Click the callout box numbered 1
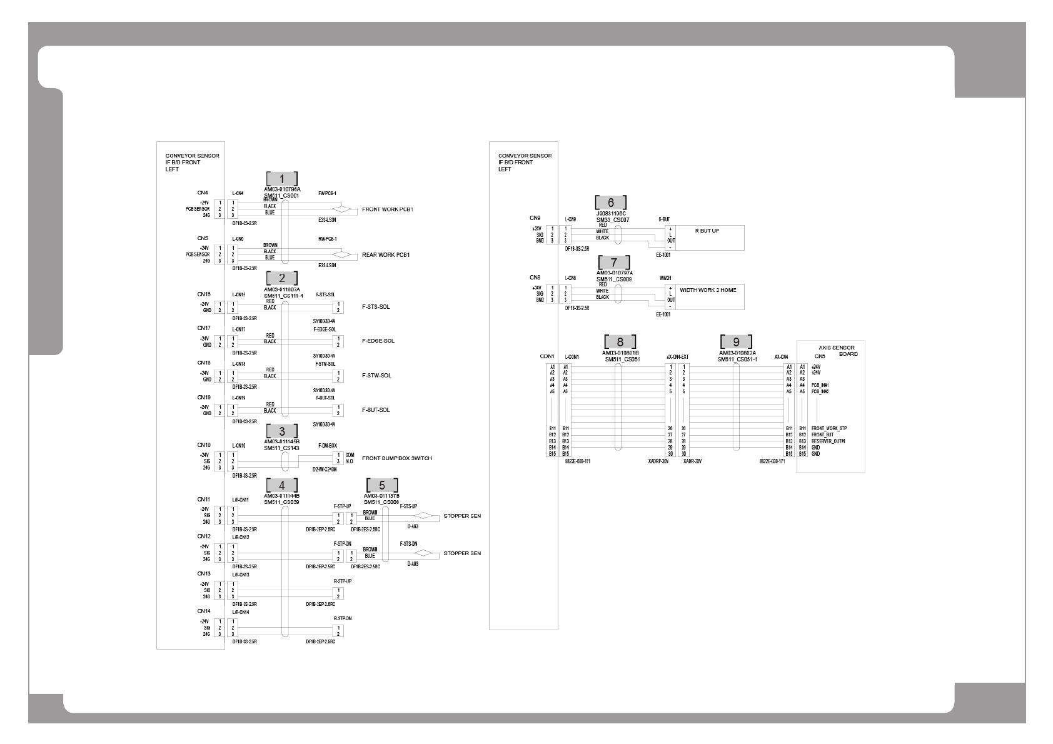(281, 179)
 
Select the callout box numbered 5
(382, 486)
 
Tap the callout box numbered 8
(620, 342)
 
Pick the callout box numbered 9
(736, 342)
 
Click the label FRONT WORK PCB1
(388, 209)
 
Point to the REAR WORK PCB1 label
(386, 255)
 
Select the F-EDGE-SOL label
(378, 341)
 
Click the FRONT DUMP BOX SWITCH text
(396, 458)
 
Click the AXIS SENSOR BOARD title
(838, 351)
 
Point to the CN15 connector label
(204, 294)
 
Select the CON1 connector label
(547, 356)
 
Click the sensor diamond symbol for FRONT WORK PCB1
(342, 209)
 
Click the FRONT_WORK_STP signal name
(829, 429)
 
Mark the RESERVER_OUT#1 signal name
(829, 441)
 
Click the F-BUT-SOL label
(376, 410)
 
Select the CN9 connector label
(535, 218)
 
